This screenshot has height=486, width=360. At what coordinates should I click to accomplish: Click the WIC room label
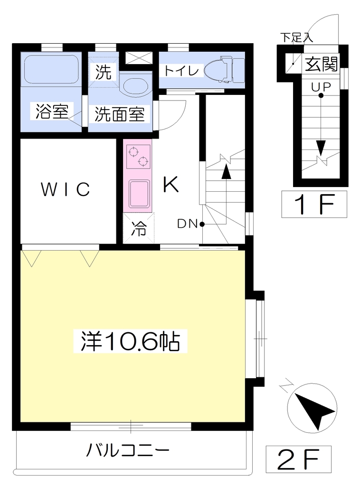66,189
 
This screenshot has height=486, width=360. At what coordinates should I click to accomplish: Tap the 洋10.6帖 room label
130,341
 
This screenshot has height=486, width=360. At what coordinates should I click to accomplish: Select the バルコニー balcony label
128,450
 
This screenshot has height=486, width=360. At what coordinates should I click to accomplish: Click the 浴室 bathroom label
52,111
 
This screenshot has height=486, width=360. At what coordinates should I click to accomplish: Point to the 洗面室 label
119,114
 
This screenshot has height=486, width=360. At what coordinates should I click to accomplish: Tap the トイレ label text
181,71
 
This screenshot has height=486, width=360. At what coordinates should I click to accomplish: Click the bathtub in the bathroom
51,69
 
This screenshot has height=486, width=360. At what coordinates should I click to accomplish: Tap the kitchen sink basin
139,194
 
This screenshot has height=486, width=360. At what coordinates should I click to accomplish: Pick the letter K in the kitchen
171,184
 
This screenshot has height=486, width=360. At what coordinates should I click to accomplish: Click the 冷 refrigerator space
138,228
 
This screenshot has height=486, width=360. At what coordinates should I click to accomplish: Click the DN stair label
187,224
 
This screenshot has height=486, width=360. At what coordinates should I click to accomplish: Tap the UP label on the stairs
321,87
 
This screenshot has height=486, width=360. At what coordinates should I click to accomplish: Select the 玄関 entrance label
321,64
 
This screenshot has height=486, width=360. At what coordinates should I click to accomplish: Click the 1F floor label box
314,204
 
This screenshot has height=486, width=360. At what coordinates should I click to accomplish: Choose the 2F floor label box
298,459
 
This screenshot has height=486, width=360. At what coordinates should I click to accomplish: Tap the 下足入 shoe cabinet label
297,38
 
